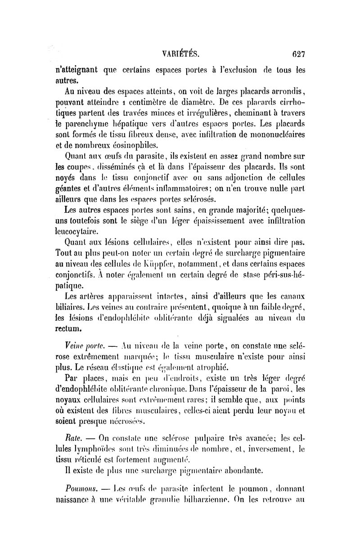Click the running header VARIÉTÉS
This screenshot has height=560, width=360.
(x=180, y=54)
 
